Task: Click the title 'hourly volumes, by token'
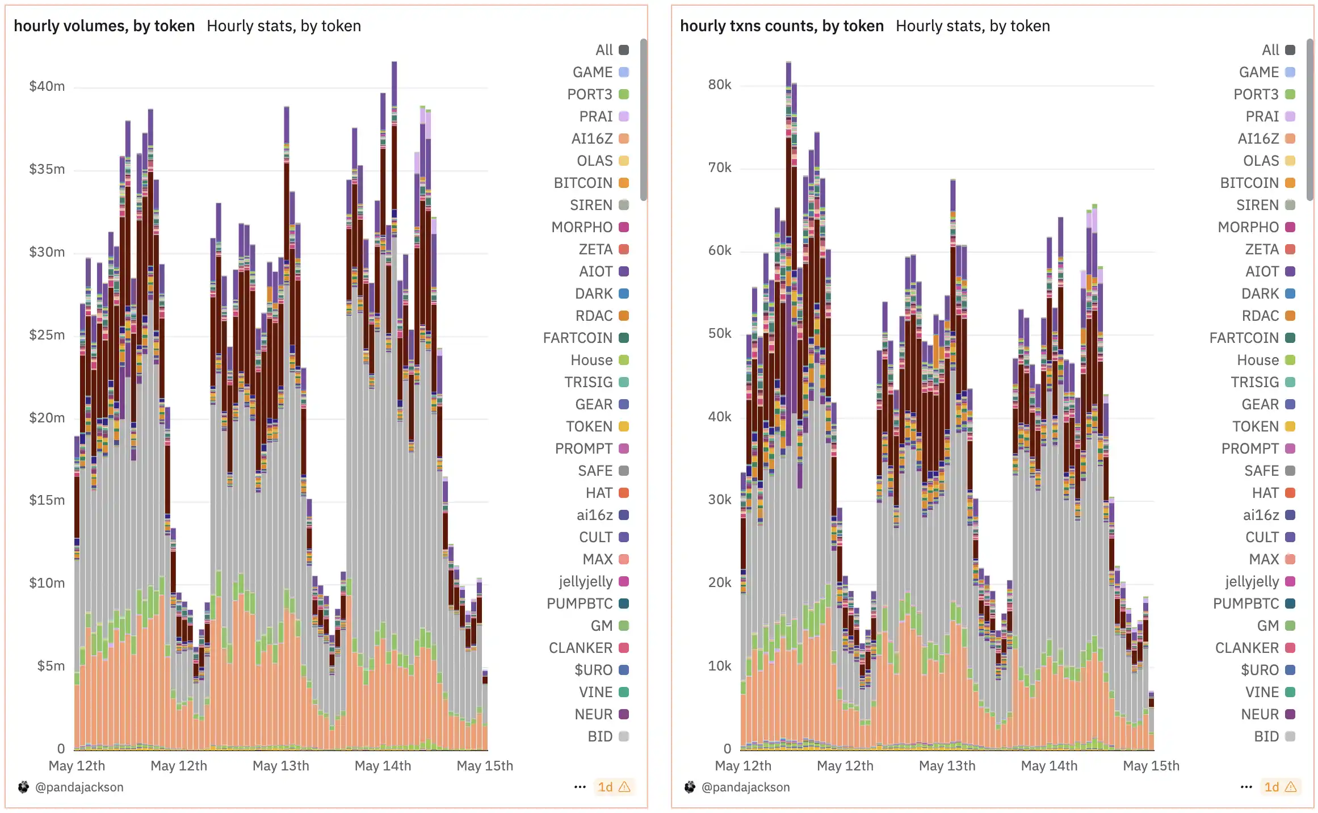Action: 104,26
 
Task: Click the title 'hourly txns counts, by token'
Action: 782,26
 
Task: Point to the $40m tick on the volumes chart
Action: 47,86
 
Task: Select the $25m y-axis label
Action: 47,335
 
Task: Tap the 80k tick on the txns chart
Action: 719,85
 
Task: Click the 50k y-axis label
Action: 719,333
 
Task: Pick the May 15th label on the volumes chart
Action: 484,766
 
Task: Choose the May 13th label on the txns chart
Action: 947,766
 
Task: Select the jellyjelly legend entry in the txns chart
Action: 1252,581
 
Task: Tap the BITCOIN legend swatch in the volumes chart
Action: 624,183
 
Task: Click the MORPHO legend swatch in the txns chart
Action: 1290,227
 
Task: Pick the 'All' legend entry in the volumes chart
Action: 604,50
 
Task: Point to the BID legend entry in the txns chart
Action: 1266,736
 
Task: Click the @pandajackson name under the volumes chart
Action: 79,787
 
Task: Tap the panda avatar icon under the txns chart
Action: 690,787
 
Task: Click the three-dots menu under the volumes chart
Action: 580,787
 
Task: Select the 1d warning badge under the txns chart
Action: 1280,787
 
